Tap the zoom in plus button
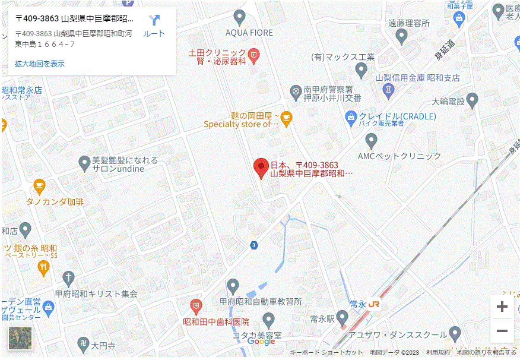[502, 307]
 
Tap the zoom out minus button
[502, 331]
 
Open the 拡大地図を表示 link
[40, 64]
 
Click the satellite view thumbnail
[20, 338]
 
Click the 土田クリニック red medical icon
[253, 55]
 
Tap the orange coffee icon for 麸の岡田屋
[286, 118]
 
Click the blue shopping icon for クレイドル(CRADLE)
[351, 116]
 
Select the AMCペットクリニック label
[399, 156]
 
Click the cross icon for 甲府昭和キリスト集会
[68, 277]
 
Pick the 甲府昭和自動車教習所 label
[261, 302]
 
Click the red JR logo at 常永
[374, 304]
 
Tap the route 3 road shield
[254, 245]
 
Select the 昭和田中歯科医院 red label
[215, 321]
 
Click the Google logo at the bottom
[261, 341]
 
